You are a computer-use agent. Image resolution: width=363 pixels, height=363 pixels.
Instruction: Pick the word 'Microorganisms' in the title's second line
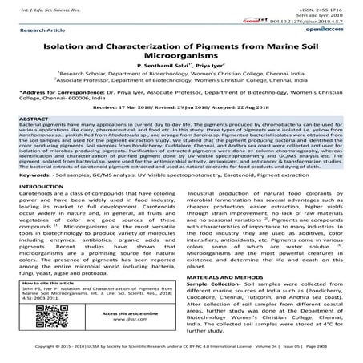[x=182, y=64]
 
